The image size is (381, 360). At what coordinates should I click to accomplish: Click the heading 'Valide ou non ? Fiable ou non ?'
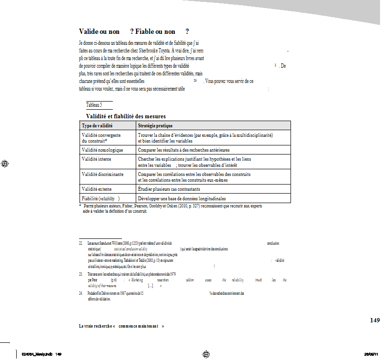[x=134, y=31]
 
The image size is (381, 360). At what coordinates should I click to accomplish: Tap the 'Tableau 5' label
[x=94, y=104]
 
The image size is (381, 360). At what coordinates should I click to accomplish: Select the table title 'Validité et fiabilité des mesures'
[x=126, y=116]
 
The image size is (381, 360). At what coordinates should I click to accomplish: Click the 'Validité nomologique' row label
[x=102, y=150]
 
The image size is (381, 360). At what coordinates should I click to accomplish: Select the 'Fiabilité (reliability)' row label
[x=101, y=198]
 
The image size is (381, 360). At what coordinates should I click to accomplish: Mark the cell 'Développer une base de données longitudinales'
[x=181, y=198]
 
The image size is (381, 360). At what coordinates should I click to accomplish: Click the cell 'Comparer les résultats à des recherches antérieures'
[x=183, y=150]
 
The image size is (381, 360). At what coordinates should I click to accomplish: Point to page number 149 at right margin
[x=375, y=320]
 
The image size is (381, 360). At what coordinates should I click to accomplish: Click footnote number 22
[x=80, y=243]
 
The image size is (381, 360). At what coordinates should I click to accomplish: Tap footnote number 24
[x=80, y=293]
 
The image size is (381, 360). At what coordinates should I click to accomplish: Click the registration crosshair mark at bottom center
[x=206, y=354]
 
